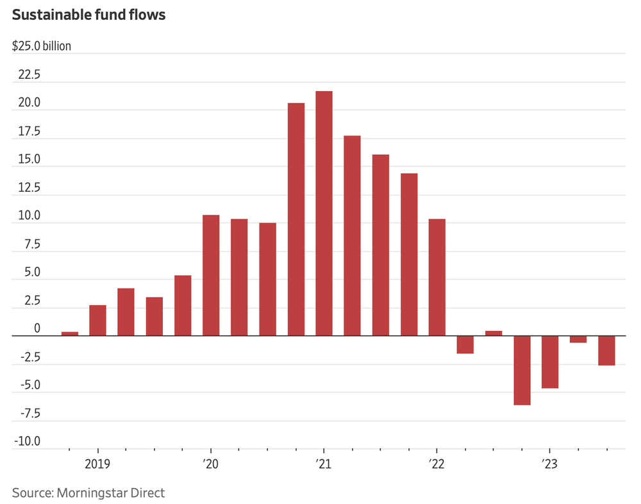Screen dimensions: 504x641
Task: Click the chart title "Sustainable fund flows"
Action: pos(89,15)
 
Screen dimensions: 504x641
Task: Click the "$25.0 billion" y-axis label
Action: pos(42,47)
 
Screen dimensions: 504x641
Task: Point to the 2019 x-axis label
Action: pos(98,464)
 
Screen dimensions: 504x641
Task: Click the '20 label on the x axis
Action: pos(211,464)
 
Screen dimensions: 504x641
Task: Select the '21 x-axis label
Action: pos(324,464)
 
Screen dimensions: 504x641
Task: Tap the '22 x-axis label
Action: pos(437,464)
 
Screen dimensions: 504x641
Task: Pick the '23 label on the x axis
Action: pos(549,464)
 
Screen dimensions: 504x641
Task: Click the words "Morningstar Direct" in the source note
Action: pos(111,492)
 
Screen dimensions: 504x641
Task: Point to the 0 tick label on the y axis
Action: pos(37,328)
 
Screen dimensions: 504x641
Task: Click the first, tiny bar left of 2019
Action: pos(70,333)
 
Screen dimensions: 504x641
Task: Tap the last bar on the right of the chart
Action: pos(606,351)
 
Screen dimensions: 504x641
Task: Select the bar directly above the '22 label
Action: pos(437,277)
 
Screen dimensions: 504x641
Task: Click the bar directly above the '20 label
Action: pos(211,275)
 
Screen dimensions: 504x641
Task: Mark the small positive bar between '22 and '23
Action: pos(494,333)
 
